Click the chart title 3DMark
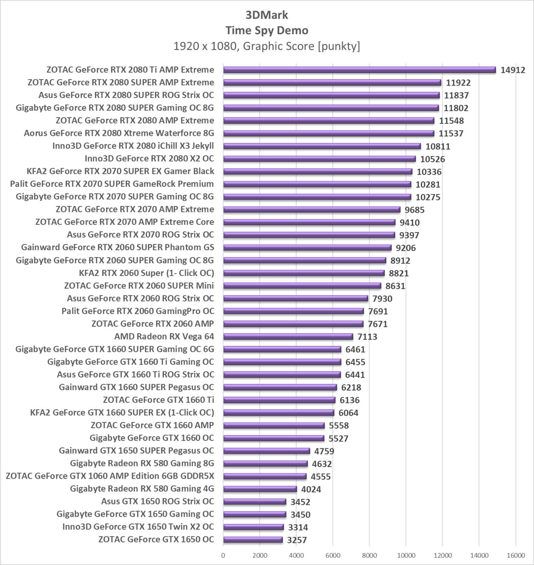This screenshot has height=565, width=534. pyautogui.click(x=267, y=15)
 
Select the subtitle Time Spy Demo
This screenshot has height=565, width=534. pyautogui.click(x=267, y=30)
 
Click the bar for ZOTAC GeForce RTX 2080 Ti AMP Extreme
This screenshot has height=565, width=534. pyautogui.click(x=359, y=70)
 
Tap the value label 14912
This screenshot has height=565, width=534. pyautogui.click(x=513, y=70)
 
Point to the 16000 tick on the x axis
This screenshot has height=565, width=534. pyautogui.click(x=515, y=555)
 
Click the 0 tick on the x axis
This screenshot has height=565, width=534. pyautogui.click(x=223, y=555)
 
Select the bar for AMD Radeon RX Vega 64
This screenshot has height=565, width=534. pyautogui.click(x=288, y=337)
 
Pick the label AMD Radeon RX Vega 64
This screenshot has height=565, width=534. pyautogui.click(x=164, y=337)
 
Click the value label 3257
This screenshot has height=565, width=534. pyautogui.click(x=297, y=540)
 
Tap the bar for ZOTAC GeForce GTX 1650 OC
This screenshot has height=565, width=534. pyautogui.click(x=253, y=540)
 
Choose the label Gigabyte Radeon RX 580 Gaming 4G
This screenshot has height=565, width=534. pyautogui.click(x=142, y=489)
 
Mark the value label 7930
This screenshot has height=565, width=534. pyautogui.click(x=382, y=299)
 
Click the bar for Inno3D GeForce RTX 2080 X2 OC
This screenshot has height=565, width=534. pyautogui.click(x=319, y=159)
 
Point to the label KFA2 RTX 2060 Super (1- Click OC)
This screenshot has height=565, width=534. pyautogui.click(x=146, y=273)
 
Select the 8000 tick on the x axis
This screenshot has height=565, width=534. pyautogui.click(x=369, y=555)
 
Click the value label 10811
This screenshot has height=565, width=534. pyautogui.click(x=437, y=146)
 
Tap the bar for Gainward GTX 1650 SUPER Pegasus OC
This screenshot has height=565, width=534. pyautogui.click(x=267, y=451)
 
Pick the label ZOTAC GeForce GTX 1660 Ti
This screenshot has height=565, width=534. pyautogui.click(x=158, y=400)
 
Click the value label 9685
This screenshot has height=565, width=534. pyautogui.click(x=414, y=210)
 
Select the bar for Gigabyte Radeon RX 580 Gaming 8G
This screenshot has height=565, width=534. pyautogui.click(x=265, y=464)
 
